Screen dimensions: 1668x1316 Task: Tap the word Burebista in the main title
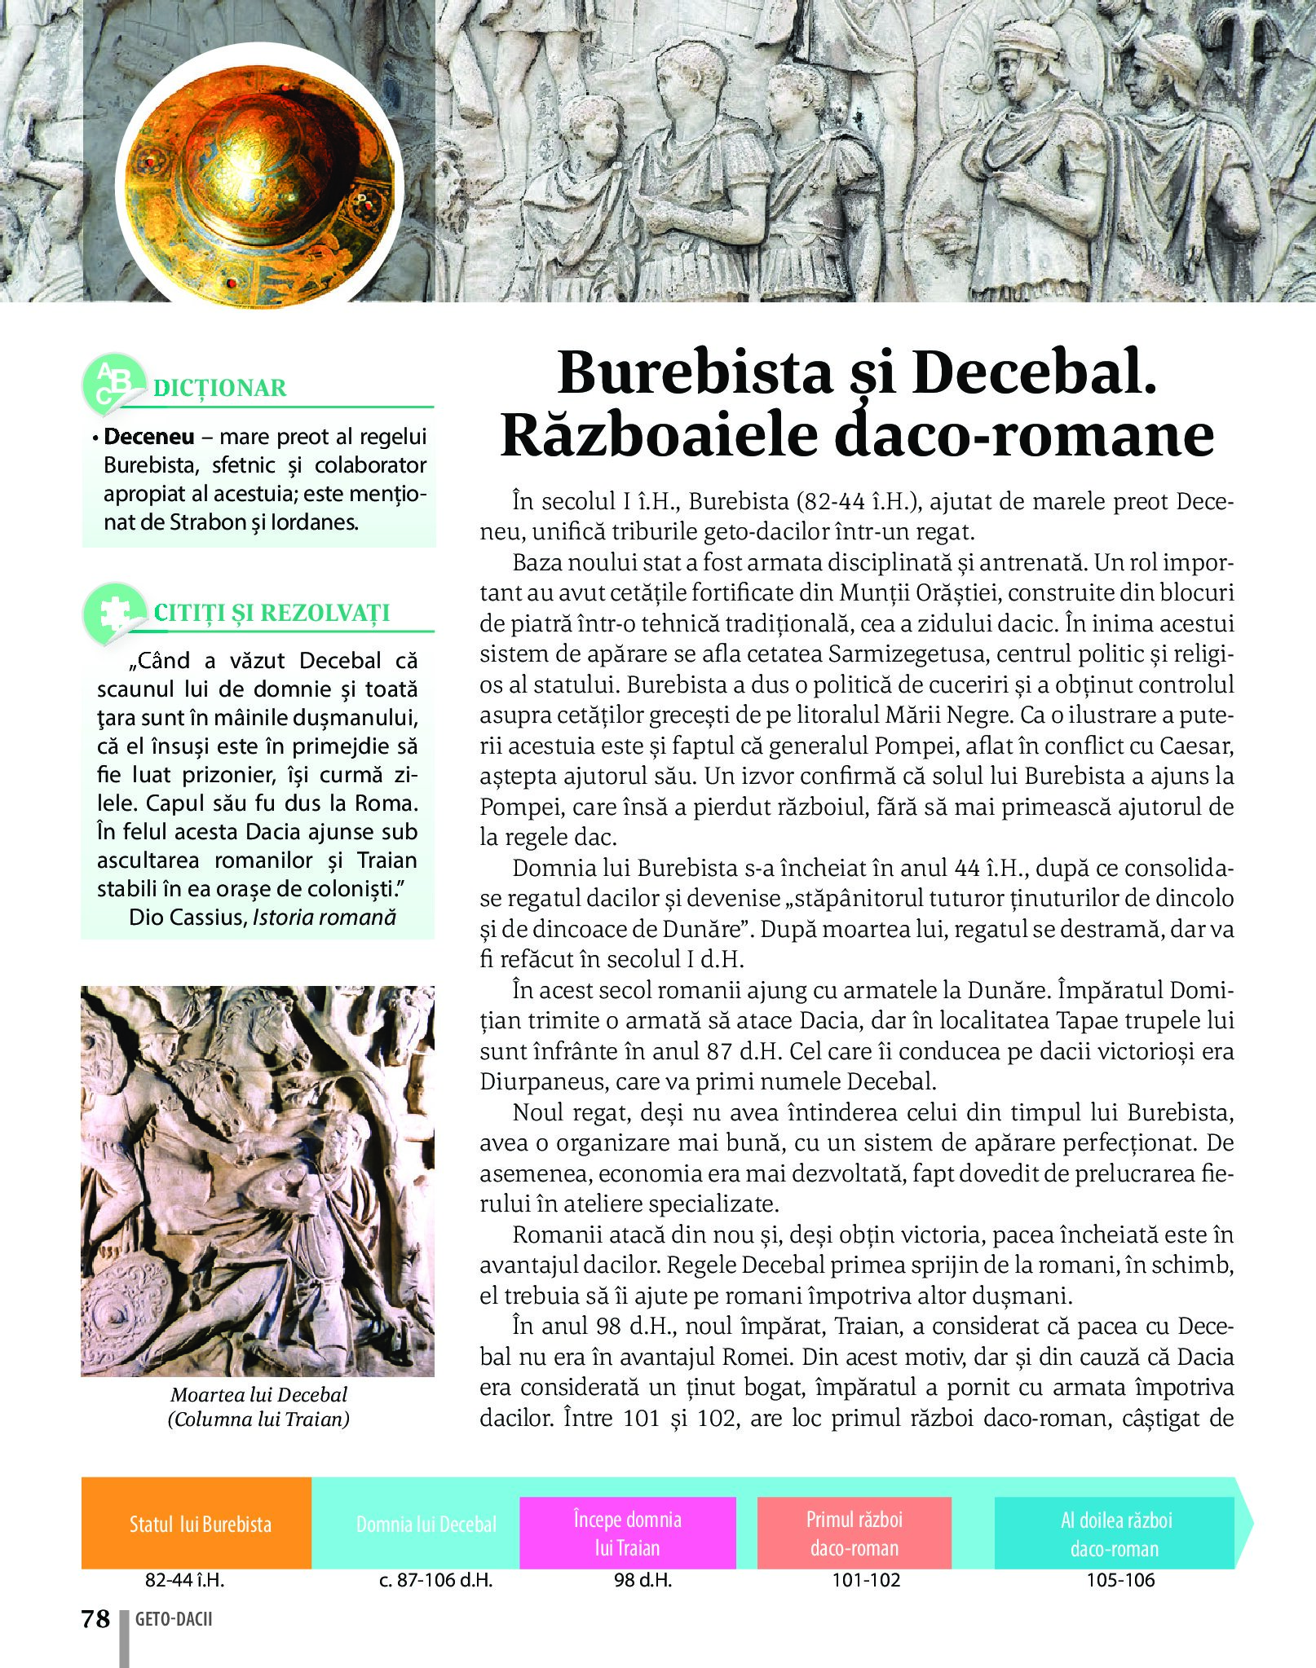click(x=696, y=373)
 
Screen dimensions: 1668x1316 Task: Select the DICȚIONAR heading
click(x=220, y=388)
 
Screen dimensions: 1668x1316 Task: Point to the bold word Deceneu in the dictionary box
click(x=149, y=437)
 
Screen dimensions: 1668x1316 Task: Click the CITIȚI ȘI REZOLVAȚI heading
click(x=272, y=613)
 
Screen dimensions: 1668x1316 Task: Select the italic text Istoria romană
click(x=324, y=918)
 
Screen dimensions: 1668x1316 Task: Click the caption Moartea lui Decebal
click(x=258, y=1394)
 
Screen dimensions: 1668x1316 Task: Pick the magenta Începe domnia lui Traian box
click(x=627, y=1533)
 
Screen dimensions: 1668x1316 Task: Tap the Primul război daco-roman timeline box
click(x=854, y=1533)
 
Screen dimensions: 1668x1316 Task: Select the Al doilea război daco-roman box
click(x=1115, y=1533)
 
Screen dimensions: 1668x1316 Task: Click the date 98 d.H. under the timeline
click(x=643, y=1580)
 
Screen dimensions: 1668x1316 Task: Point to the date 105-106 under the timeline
click(x=1120, y=1580)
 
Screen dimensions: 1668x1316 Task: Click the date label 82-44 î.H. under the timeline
click(x=184, y=1580)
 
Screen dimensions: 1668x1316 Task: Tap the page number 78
click(x=95, y=1618)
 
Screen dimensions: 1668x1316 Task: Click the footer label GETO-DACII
click(x=174, y=1619)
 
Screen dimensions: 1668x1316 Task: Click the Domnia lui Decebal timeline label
click(x=426, y=1525)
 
